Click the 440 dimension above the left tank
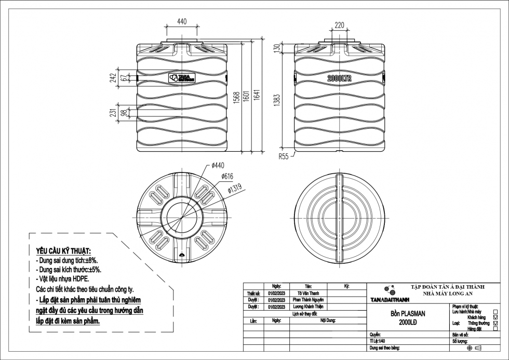click(x=182, y=22)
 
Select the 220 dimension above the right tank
click(x=339, y=25)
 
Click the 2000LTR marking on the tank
click(x=340, y=78)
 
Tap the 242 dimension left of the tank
click(x=113, y=78)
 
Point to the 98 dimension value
click(x=123, y=113)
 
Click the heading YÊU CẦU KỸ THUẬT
click(x=63, y=251)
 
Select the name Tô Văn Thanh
click(x=309, y=293)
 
